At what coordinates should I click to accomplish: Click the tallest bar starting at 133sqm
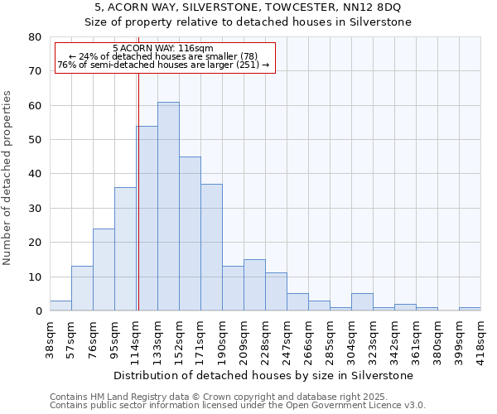pyautogui.click(x=168, y=206)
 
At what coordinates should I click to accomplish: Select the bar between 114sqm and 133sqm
pyautogui.click(x=147, y=219)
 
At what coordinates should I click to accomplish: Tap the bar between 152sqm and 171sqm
pyautogui.click(x=190, y=233)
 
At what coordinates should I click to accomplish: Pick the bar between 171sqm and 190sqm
pyautogui.click(x=211, y=248)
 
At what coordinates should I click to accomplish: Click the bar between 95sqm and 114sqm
pyautogui.click(x=125, y=249)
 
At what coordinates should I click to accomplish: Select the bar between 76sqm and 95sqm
pyautogui.click(x=104, y=270)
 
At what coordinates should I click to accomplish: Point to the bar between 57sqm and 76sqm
pyautogui.click(x=82, y=288)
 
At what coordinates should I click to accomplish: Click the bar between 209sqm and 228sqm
pyautogui.click(x=254, y=286)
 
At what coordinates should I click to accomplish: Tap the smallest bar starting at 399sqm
pyautogui.click(x=470, y=309)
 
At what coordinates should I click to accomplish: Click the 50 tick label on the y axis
pyautogui.click(x=35, y=140)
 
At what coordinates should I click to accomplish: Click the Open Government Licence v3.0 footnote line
pyautogui.click(x=237, y=405)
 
